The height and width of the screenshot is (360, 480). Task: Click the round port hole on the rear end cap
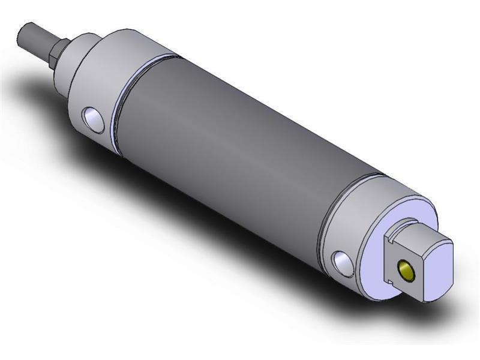tap(342, 262)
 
